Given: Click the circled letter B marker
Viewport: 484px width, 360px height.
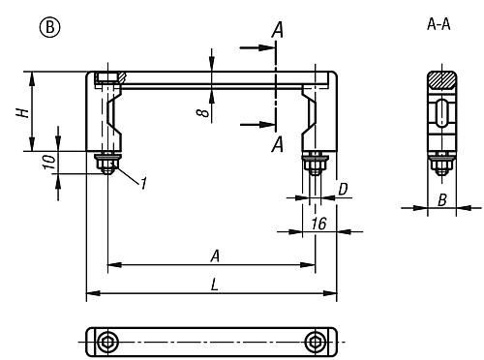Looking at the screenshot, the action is tap(49, 27).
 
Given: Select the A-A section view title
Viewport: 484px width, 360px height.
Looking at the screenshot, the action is tap(439, 24).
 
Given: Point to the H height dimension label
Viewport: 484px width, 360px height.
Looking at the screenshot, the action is tap(23, 112).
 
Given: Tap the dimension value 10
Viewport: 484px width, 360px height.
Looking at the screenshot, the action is tap(49, 162).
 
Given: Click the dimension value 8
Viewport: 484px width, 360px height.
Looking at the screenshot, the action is tap(202, 112).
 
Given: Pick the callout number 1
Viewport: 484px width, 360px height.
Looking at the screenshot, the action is tap(143, 183).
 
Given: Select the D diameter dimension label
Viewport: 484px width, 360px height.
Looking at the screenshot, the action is tap(343, 190).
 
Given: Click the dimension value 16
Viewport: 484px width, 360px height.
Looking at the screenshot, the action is tap(318, 224).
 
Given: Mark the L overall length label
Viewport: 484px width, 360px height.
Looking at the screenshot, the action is tap(214, 285).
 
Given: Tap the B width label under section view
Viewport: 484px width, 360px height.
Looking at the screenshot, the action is tap(442, 200).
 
